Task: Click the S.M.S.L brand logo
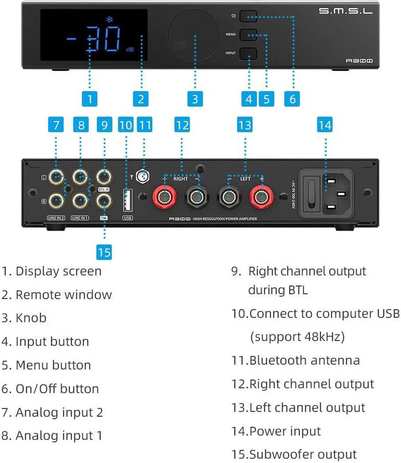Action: [346, 11]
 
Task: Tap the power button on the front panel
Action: [248, 16]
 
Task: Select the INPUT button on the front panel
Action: [248, 53]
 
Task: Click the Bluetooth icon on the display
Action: [109, 19]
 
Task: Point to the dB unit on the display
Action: [130, 50]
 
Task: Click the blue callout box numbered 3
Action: [195, 99]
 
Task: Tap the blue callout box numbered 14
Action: [325, 125]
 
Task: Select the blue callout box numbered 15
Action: [104, 252]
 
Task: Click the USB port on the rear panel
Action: [127, 200]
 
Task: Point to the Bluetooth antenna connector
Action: [143, 176]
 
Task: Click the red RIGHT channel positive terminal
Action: [164, 197]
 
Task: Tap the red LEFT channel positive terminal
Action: [261, 197]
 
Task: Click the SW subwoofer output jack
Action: [104, 201]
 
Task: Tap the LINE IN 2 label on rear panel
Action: [56, 218]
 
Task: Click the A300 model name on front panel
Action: [359, 61]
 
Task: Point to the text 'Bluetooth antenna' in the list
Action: [304, 360]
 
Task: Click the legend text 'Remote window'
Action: [64, 295]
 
